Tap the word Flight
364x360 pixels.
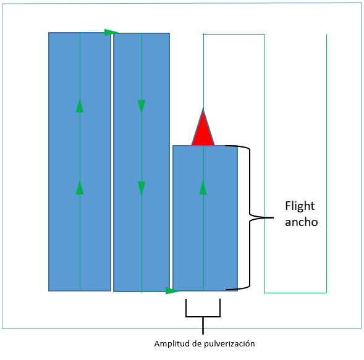click(x=300, y=206)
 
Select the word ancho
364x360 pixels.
click(x=302, y=222)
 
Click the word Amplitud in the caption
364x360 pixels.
click(x=172, y=343)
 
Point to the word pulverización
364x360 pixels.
click(x=229, y=343)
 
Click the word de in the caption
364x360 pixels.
click(x=197, y=343)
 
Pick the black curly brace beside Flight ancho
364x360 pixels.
click(x=250, y=217)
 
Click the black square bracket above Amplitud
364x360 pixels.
click(x=203, y=316)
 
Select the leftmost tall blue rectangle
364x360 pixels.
click(x=80, y=162)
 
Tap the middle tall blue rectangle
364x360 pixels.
click(x=142, y=162)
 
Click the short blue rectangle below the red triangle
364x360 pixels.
click(x=205, y=218)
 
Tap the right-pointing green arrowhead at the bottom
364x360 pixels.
click(x=172, y=291)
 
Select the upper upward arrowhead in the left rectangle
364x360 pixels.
click(x=80, y=106)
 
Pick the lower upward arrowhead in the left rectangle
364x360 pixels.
click(x=80, y=188)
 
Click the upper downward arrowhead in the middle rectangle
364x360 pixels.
click(x=142, y=107)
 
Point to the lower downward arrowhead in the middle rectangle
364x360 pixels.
click(x=142, y=188)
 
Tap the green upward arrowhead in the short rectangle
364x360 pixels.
click(x=203, y=188)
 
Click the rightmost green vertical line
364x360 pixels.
click(x=326, y=164)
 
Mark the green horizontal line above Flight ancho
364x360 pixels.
click(x=234, y=35)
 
